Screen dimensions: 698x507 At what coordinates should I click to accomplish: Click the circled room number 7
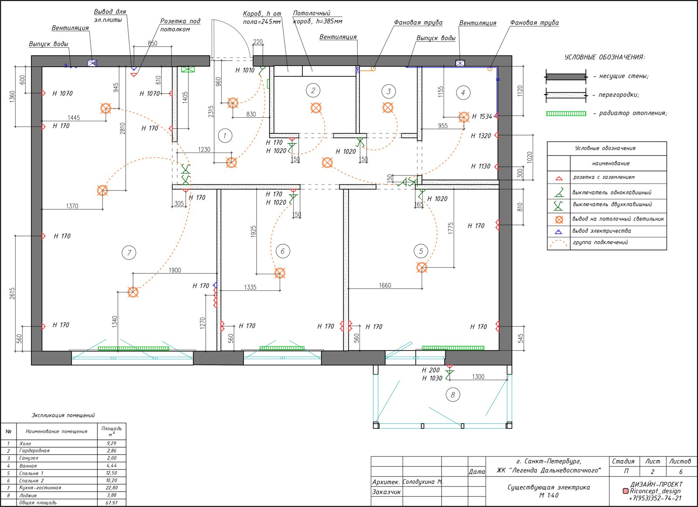click(x=129, y=252)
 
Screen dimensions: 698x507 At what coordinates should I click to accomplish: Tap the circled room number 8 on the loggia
click(x=452, y=395)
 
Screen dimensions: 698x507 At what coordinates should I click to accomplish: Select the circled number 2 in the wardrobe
click(x=313, y=90)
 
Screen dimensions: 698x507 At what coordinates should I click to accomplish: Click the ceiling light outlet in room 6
click(x=280, y=273)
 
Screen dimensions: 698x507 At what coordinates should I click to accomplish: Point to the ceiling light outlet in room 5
click(x=421, y=267)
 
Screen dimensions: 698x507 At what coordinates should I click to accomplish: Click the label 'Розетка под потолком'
click(x=180, y=25)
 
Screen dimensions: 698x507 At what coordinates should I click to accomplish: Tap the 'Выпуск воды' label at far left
click(x=48, y=44)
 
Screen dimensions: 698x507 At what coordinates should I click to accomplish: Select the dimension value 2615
click(x=12, y=293)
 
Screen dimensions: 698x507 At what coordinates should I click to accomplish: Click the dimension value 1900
click(x=174, y=270)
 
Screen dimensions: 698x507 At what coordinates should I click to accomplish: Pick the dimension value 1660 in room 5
click(x=385, y=285)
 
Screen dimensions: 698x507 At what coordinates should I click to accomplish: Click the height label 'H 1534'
click(x=482, y=116)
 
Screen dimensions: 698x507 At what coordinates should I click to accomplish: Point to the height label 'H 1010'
click(x=245, y=70)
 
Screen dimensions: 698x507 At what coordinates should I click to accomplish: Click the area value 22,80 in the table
click(x=111, y=488)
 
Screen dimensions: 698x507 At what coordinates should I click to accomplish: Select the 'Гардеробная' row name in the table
click(x=34, y=451)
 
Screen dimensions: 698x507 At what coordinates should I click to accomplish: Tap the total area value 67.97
click(x=111, y=503)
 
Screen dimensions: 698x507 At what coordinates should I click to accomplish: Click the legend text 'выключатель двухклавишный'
click(x=612, y=204)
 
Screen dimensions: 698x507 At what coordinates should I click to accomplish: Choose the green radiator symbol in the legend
click(x=566, y=114)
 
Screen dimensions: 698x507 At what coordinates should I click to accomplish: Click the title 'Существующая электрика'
click(x=548, y=487)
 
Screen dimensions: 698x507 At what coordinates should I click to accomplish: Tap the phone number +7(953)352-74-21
click(x=655, y=498)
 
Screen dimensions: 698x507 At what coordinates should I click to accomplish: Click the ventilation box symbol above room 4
click(x=460, y=63)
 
